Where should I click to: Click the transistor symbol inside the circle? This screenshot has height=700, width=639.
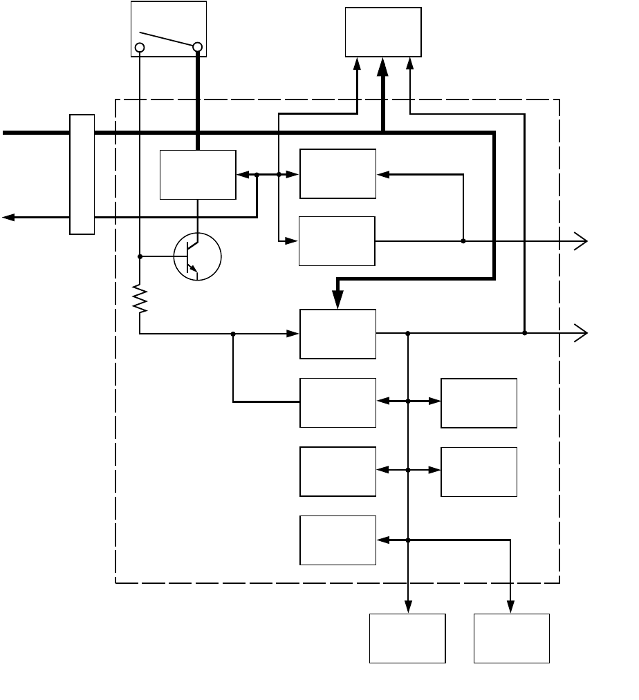point(197,257)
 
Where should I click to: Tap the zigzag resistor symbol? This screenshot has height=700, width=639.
point(140,299)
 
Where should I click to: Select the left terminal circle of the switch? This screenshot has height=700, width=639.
point(140,48)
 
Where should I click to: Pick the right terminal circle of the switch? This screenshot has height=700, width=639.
point(198,48)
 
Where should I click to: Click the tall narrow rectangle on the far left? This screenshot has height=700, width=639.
point(82,174)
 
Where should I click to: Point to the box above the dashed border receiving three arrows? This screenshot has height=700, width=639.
point(383,32)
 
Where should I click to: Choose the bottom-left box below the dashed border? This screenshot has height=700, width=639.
point(407,638)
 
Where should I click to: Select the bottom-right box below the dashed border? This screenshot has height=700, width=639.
point(512,638)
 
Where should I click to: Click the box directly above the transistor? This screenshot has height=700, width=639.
point(198,174)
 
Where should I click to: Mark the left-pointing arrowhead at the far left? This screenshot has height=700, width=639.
point(8,217)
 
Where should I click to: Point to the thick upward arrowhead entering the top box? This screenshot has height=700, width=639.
point(382,67)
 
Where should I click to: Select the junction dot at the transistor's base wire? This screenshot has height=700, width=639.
point(140,256)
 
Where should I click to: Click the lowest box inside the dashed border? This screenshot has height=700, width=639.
point(337,540)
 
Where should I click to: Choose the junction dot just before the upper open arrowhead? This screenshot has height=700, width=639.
point(463,241)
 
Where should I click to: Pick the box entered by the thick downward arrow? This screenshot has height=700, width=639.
point(337,334)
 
